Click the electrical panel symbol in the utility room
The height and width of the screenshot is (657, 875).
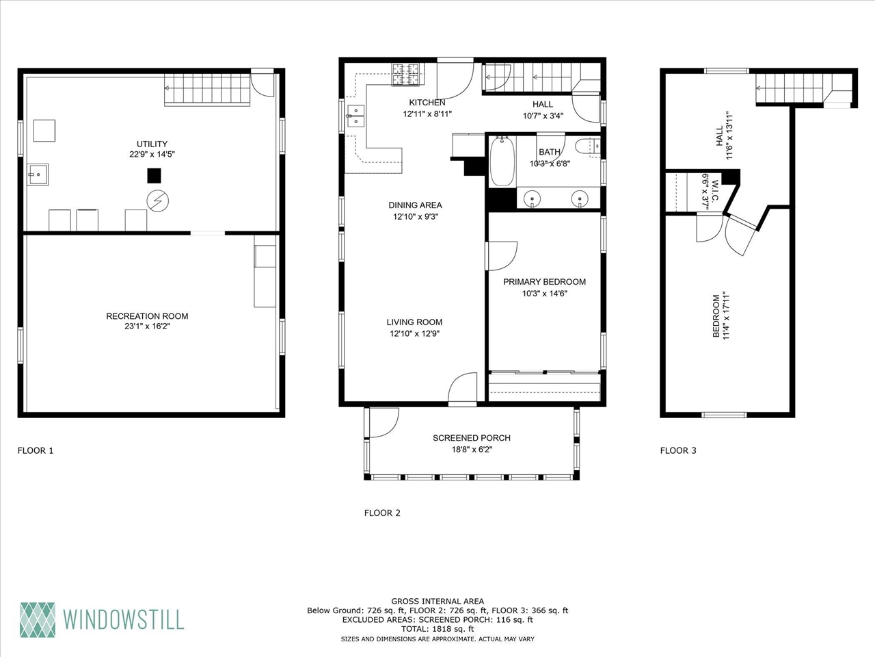click(159, 200)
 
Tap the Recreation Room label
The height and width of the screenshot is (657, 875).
click(147, 316)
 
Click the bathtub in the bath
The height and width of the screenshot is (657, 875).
click(502, 162)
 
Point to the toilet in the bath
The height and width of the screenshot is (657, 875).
click(587, 147)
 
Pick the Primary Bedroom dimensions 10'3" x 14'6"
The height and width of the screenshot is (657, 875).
click(544, 294)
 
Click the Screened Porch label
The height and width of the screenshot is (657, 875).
click(471, 438)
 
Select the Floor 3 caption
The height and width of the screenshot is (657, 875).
click(678, 450)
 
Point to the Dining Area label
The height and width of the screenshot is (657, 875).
click(415, 205)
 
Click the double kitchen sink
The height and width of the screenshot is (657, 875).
click(355, 116)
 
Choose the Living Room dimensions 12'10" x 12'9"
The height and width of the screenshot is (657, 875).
click(414, 334)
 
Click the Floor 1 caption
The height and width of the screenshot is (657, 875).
click(35, 450)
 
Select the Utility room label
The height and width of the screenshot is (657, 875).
click(152, 144)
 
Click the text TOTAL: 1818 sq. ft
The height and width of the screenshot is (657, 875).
click(437, 628)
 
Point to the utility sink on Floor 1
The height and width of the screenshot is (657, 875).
click(37, 175)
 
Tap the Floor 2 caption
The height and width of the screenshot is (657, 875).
click(382, 513)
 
